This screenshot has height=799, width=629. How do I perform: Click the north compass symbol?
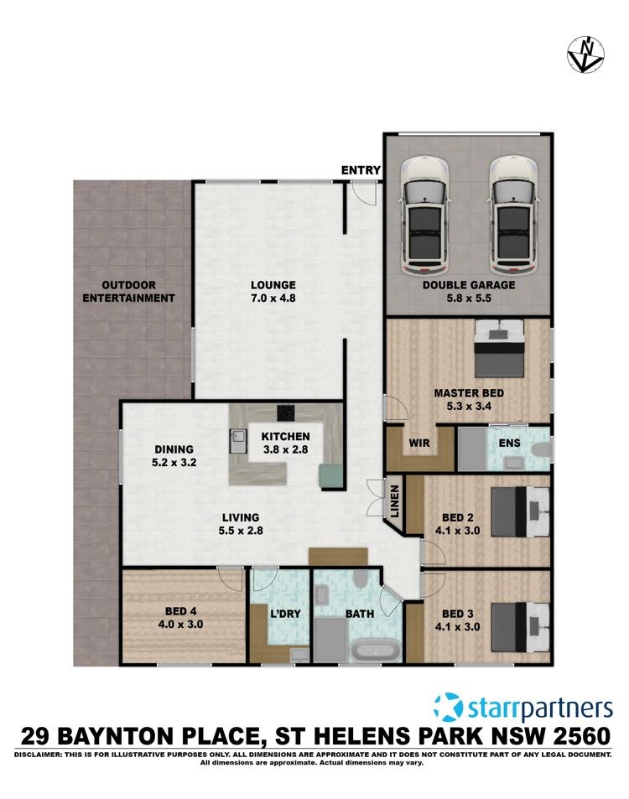(x=585, y=54)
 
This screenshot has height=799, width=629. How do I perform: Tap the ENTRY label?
(x=361, y=170)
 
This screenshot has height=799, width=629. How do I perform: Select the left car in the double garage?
(x=424, y=215)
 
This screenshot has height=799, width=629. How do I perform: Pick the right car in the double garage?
(x=514, y=215)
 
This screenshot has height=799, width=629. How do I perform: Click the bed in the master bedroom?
(x=499, y=349)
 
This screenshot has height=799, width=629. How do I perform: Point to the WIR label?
(x=419, y=443)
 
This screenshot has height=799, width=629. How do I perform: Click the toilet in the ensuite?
(x=540, y=450)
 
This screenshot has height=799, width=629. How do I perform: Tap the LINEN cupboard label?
(x=394, y=501)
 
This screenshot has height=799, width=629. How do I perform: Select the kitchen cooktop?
(x=286, y=412)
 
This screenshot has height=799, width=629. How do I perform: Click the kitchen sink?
(x=237, y=441)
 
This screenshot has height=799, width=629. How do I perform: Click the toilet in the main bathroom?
(x=361, y=578)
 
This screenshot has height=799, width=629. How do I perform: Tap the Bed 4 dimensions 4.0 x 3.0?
(x=180, y=625)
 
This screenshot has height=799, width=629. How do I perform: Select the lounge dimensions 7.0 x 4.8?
(x=273, y=298)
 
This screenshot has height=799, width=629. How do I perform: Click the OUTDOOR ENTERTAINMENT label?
(x=128, y=292)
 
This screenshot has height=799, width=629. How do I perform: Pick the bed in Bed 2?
(x=521, y=511)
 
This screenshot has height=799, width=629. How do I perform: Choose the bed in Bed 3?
(x=521, y=628)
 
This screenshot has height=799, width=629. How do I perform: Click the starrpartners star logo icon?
(x=449, y=707)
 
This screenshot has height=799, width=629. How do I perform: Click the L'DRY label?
(x=285, y=614)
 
